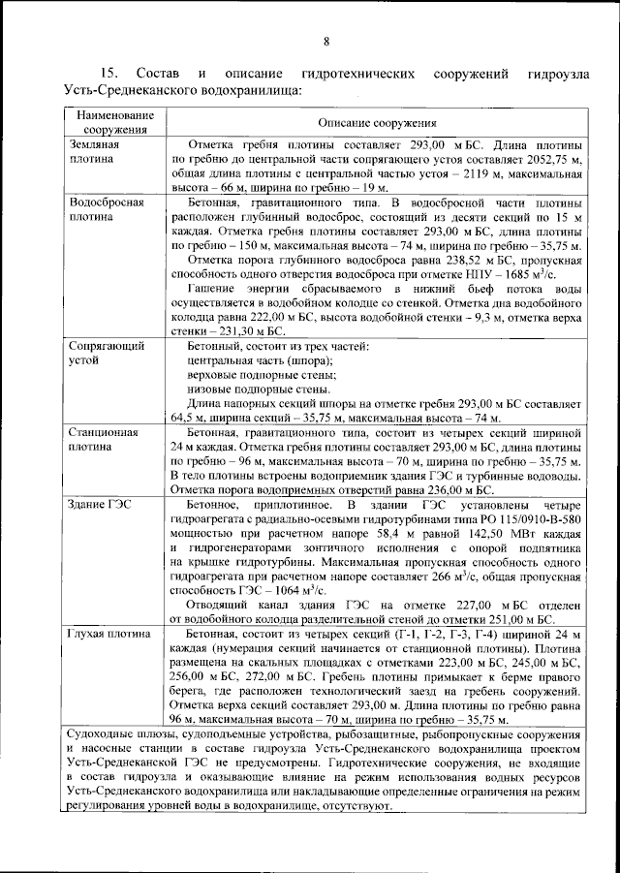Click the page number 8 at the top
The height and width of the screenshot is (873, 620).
click(326, 41)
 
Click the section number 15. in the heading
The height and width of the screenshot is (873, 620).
click(111, 74)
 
